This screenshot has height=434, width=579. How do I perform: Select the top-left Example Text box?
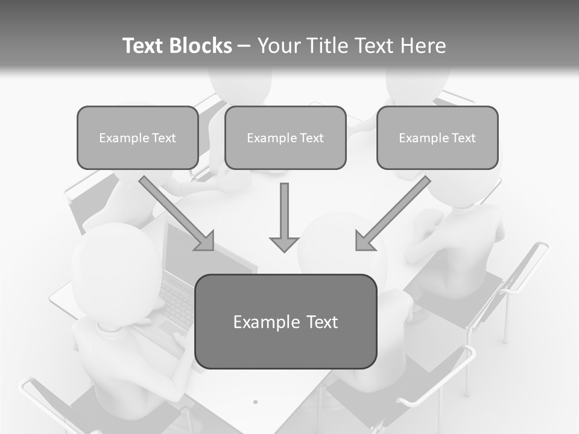pos(138,138)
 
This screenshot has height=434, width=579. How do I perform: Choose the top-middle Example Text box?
pos(285,138)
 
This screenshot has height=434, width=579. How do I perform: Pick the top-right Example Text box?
pos(437,138)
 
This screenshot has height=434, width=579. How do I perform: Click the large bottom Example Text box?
pos(286,322)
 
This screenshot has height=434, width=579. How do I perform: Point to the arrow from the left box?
pos(175,212)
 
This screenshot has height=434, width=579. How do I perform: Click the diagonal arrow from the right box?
pos(394,212)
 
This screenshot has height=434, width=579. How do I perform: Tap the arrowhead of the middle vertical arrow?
pos(284,244)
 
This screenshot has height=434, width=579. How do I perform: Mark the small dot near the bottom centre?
pos(255,401)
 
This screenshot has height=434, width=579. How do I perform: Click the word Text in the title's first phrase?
pos(144,46)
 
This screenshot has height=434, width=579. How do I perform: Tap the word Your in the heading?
pos(278,46)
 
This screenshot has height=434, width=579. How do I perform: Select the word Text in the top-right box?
pos(464,138)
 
